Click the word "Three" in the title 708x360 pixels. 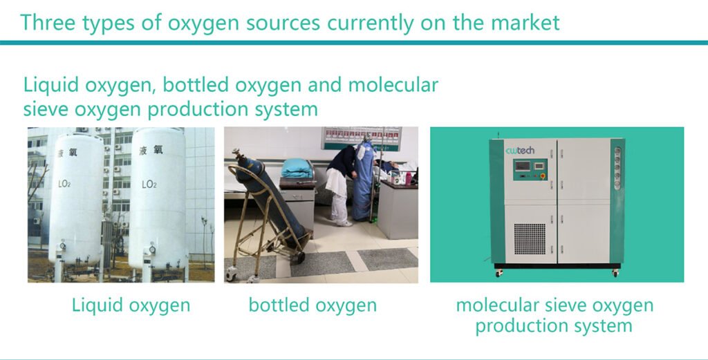(x=48, y=23)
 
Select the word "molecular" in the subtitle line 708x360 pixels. (x=393, y=85)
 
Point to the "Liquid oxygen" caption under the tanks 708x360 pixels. (x=131, y=306)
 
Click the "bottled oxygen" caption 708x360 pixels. (x=313, y=305)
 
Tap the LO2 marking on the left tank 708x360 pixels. (x=64, y=184)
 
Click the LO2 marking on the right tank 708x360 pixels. (x=149, y=184)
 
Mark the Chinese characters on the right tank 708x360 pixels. (x=151, y=150)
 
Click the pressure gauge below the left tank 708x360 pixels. (x=62, y=246)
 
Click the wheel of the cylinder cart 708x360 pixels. (x=297, y=257)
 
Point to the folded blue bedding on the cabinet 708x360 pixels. (x=297, y=169)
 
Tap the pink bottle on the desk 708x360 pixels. (x=408, y=178)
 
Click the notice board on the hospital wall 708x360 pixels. (x=361, y=138)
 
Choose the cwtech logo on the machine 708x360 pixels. (x=520, y=151)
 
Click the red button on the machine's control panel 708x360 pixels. (x=542, y=176)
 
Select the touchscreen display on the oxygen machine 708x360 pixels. (x=523, y=166)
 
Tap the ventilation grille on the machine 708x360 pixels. (x=530, y=238)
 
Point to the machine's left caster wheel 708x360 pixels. (x=499, y=274)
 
